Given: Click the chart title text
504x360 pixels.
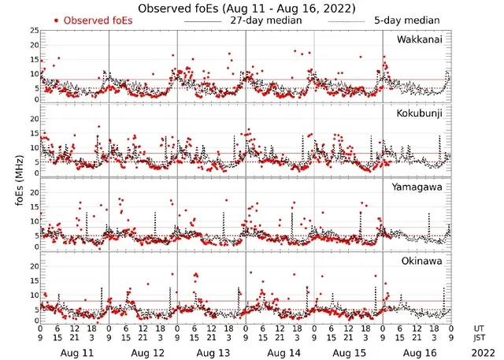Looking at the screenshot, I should [246, 8].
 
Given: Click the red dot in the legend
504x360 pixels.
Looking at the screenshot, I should [57, 20].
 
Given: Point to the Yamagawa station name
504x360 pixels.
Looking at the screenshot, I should [420, 187].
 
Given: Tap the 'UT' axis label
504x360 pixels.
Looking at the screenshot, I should [479, 327].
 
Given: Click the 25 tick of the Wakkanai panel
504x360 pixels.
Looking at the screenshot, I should [33, 30].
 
